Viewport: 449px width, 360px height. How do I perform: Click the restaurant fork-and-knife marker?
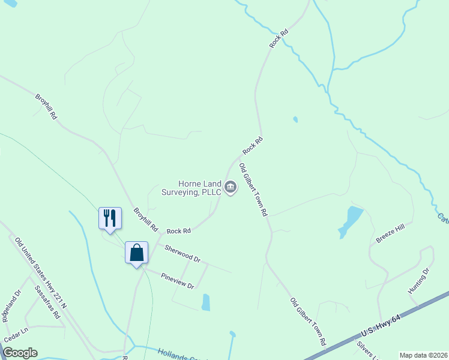(x=110, y=217)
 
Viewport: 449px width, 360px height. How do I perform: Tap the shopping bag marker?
(x=136, y=252)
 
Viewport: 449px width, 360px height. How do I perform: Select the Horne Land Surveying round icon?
(x=231, y=188)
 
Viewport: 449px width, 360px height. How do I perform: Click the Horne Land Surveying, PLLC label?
(x=191, y=188)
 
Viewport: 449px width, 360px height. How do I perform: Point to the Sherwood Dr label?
(x=182, y=254)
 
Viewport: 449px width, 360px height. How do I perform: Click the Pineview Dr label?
(x=177, y=281)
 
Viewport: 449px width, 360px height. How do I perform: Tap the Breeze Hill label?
(x=391, y=232)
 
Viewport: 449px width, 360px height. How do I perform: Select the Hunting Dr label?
(x=419, y=280)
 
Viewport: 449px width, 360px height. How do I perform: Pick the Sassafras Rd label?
(x=47, y=301)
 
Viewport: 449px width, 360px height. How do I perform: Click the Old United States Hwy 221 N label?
(x=40, y=266)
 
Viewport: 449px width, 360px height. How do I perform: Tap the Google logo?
(x=20, y=353)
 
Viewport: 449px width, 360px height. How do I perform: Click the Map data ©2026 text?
(x=423, y=355)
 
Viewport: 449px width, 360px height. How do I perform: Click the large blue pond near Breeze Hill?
(x=351, y=220)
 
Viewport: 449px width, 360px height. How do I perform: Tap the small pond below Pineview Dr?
(x=206, y=302)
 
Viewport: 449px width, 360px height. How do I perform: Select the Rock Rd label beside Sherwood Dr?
(x=178, y=230)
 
